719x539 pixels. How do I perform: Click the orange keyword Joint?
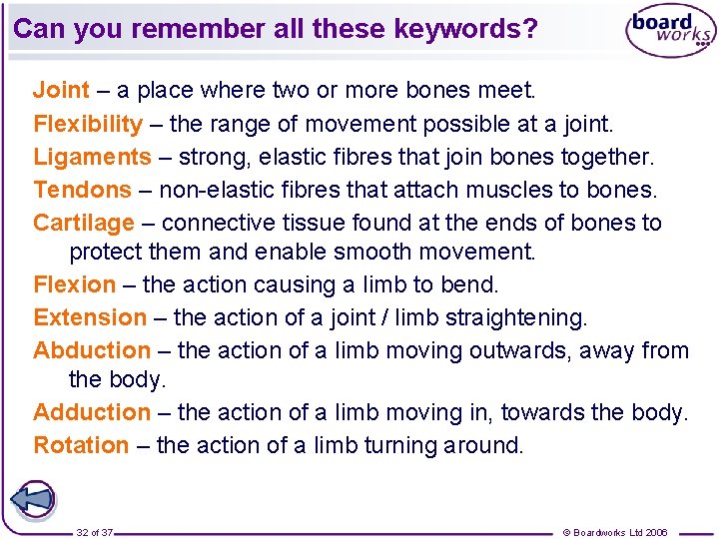coord(61,91)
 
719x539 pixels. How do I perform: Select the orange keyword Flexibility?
coord(88,125)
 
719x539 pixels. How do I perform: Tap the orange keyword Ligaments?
coord(92,158)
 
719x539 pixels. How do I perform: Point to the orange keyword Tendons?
coord(82,190)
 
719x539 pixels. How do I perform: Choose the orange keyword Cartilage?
coord(84,223)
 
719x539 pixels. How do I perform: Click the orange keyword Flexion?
coord(74,284)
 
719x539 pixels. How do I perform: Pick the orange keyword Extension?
coord(90,317)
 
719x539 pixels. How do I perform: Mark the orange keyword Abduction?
coord(92,350)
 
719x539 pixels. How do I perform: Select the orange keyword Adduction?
coord(92,412)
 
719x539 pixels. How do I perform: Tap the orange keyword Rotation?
coord(81,445)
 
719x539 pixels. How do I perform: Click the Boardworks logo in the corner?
coord(670,31)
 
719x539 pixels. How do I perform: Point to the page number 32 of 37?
coord(95,532)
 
